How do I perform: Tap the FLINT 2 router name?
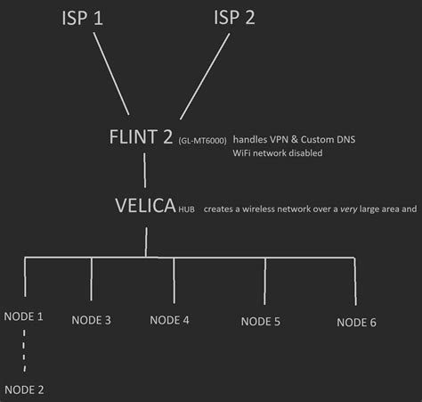142,140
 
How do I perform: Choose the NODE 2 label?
24,389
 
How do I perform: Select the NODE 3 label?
91,319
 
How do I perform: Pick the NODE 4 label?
169,319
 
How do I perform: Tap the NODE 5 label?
265,320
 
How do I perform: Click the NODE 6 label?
356,321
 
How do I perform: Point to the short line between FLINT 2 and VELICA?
145,171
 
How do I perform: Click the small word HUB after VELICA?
186,210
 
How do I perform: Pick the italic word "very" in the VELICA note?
342,210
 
